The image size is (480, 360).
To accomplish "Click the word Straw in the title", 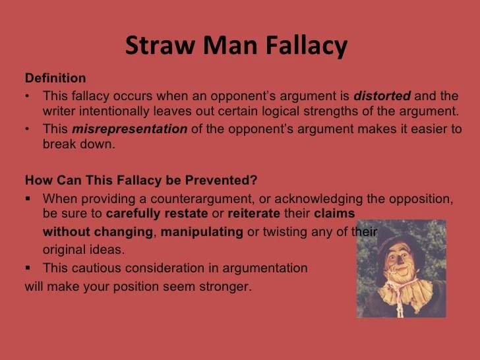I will point(157,46).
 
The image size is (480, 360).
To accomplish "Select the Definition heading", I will point(55,78).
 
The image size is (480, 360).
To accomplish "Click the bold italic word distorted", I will point(382,96).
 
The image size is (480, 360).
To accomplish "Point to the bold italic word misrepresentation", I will point(129,129).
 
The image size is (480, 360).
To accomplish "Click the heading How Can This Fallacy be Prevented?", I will point(140,180).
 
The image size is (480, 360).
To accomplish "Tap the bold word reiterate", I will point(251,214).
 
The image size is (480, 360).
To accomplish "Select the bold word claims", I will point(334,214).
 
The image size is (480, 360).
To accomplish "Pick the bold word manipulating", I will point(202,232).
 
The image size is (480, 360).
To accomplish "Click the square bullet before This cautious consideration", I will point(28,268).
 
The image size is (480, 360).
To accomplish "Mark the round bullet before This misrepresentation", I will point(28,129).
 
